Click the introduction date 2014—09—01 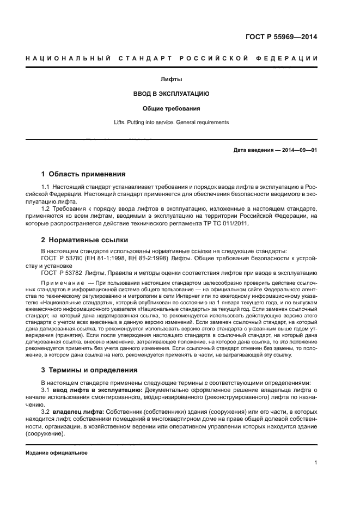pyautogui.click(x=298, y=150)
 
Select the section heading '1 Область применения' pyautogui.click(x=83, y=175)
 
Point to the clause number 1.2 pyautogui.click(x=46, y=208)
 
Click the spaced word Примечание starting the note pyautogui.click(x=63, y=284)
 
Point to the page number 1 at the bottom pyautogui.click(x=315, y=463)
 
